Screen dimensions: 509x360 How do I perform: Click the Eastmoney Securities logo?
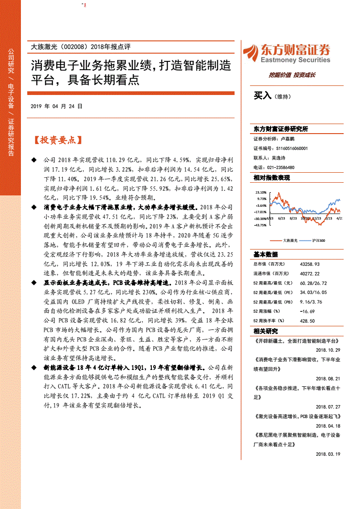pyautogui.click(x=286, y=54)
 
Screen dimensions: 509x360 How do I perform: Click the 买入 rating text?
pyautogui.click(x=262, y=95)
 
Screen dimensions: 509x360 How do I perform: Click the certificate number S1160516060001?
pyautogui.click(x=292, y=148)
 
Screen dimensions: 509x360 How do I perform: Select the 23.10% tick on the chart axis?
pyautogui.click(x=260, y=192)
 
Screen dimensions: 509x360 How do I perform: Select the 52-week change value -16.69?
pyautogui.click(x=308, y=312)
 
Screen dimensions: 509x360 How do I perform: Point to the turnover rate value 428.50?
pyautogui.click(x=307, y=321)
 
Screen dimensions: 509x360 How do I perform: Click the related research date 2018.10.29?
pyautogui.click(x=327, y=350)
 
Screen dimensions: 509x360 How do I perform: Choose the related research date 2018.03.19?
pyautogui.click(x=327, y=454)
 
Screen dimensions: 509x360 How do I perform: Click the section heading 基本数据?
pyautogui.click(x=265, y=254)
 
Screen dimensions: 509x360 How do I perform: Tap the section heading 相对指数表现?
pyautogui.click(x=271, y=178)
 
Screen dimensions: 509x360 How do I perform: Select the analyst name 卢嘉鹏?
pyautogui.click(x=288, y=139)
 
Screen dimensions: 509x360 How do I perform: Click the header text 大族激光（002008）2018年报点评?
pyautogui.click(x=80, y=46)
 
